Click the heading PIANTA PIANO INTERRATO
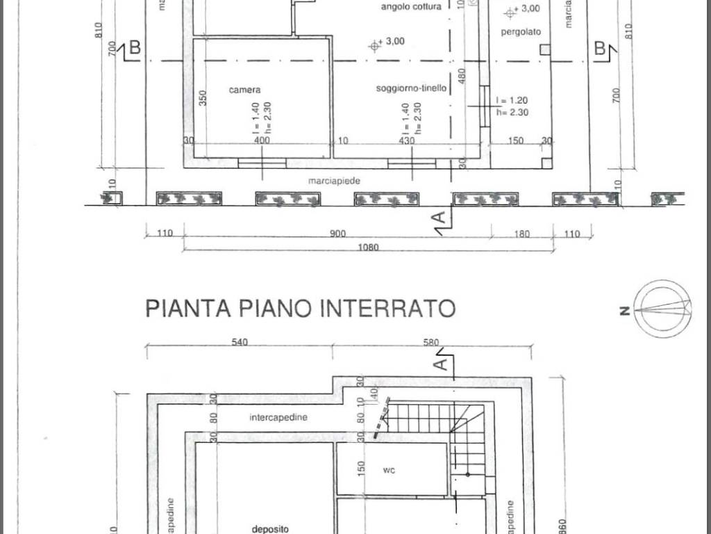point(300,307)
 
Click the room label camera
point(244,90)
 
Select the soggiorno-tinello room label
point(411,88)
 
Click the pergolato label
point(520,32)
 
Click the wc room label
point(390,470)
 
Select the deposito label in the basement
point(266,528)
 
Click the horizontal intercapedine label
point(278,418)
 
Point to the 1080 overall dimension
point(368,248)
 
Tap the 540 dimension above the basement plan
point(239,342)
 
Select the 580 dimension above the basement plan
point(431,342)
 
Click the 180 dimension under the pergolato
point(521,234)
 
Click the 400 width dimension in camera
point(262,140)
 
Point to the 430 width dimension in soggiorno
point(406,140)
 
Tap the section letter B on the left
point(134,47)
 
